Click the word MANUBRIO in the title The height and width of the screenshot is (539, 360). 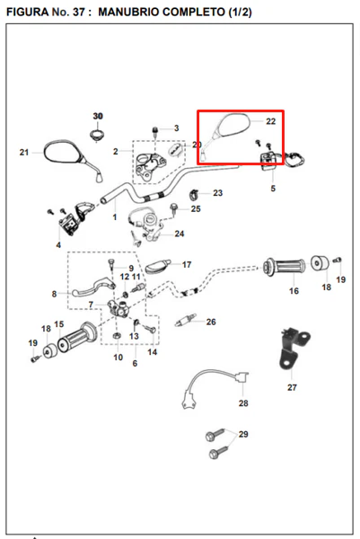127,12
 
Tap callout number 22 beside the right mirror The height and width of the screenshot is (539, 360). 271,121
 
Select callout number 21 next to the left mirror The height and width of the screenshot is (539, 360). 24,152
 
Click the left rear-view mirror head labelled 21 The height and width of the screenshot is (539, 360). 63,151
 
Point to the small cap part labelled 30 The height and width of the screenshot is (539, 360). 98,135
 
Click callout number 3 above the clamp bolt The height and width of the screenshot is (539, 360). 177,128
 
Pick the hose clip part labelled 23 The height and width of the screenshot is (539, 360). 194,195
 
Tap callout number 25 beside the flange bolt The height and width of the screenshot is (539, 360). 196,208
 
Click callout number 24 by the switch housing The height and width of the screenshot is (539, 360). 180,234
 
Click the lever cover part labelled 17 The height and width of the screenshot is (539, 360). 158,266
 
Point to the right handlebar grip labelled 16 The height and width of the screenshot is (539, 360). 284,267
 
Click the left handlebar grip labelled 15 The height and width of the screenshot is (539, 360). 76,335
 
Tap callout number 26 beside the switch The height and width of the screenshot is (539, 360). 211,322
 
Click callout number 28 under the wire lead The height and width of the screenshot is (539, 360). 243,402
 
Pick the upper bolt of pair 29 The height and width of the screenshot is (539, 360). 215,435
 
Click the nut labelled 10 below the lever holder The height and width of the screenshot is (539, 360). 117,335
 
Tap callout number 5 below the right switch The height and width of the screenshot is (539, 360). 273,189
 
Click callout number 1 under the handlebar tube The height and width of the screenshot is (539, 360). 115,217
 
